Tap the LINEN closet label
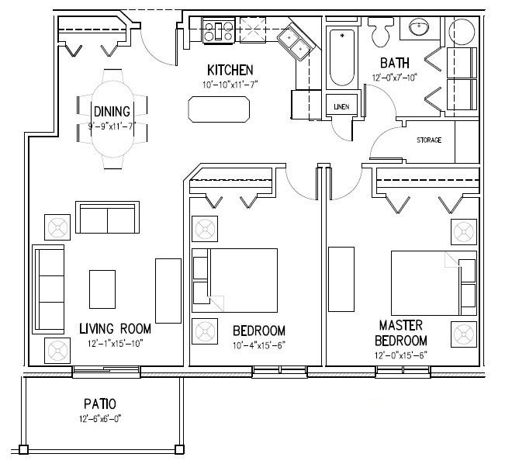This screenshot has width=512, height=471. [340, 107]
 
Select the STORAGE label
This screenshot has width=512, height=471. [429, 140]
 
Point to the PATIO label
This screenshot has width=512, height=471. [101, 403]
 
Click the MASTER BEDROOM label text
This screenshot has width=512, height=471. [402, 332]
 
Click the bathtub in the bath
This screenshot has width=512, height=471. [341, 58]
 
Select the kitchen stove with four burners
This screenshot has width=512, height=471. [218, 32]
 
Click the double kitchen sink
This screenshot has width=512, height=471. [292, 43]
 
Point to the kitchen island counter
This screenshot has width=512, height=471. [220, 109]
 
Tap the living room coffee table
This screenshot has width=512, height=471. [102, 289]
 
